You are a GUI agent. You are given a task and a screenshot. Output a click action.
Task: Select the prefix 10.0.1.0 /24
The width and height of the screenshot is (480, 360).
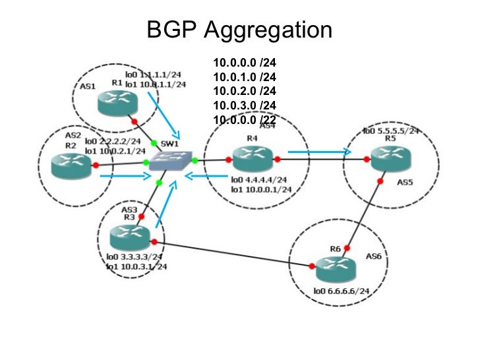tap(244, 77)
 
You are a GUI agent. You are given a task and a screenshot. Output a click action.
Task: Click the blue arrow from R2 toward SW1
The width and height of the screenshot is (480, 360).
tap(126, 176)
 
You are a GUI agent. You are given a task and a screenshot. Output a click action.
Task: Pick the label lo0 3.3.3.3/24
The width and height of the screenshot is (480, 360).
tap(135, 256)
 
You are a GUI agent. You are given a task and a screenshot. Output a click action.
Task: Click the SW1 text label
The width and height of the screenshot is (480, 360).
tap(169, 143)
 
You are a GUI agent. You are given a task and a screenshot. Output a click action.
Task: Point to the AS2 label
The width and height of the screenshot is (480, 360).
tap(73, 135)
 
